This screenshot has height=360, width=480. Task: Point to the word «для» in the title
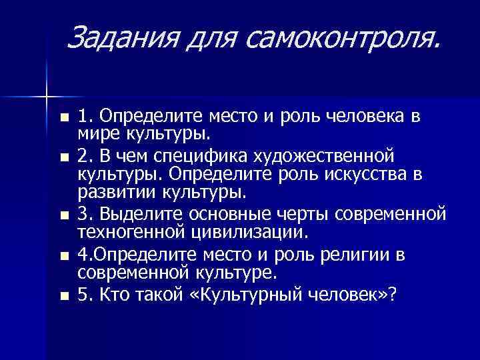[211, 38]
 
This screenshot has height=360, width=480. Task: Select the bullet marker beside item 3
[63, 215]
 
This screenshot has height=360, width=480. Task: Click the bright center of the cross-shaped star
[47, 97]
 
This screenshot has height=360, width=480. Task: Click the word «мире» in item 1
[97, 136]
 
